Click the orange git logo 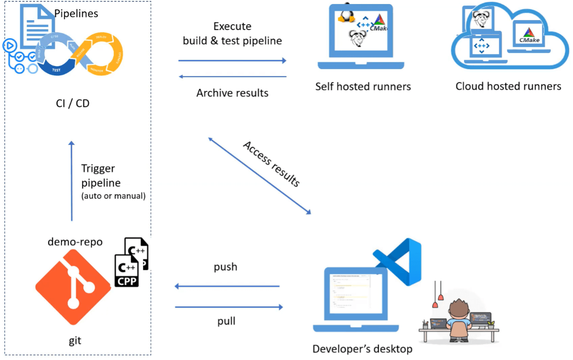click(73, 286)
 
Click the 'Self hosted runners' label click(363, 86)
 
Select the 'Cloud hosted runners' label click(508, 86)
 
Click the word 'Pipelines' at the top click(76, 13)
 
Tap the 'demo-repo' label click(75, 242)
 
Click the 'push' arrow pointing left click(227, 286)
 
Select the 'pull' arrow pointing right click(229, 307)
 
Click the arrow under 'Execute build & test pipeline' click(232, 61)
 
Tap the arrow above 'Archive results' click(232, 77)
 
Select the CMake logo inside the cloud click(529, 35)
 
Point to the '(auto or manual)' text click(113, 196)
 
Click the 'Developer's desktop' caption click(362, 349)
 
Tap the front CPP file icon click(127, 271)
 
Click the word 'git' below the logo click(75, 341)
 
